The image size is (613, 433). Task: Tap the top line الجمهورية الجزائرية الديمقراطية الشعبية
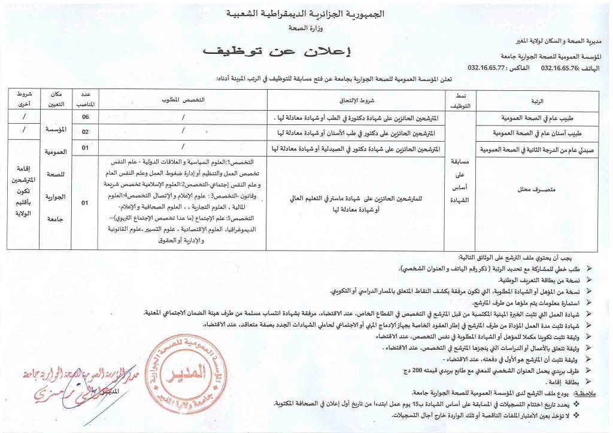point(306,13)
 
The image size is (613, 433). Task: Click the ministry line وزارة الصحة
point(306,28)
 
